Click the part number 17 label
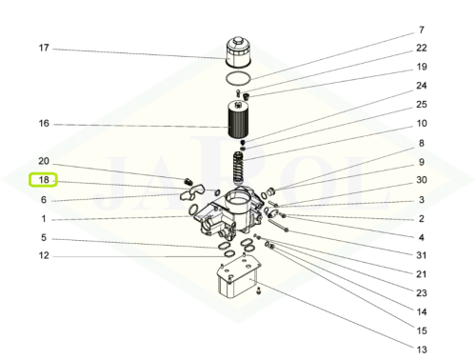pyautogui.click(x=44, y=48)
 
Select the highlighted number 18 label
pyautogui.click(x=43, y=180)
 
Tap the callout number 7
pyautogui.click(x=422, y=30)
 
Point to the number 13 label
pyautogui.click(x=422, y=350)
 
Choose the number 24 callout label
pyautogui.click(x=422, y=86)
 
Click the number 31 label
pyautogui.click(x=422, y=255)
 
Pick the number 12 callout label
pyautogui.click(x=44, y=255)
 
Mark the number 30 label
pyautogui.click(x=422, y=180)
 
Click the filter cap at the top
pyautogui.click(x=238, y=52)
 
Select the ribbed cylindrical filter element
pyautogui.click(x=237, y=119)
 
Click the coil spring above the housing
pyautogui.click(x=238, y=168)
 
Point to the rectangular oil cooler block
pyautogui.click(x=239, y=276)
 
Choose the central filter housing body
pyautogui.click(x=228, y=213)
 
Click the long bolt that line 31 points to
pyautogui.click(x=278, y=225)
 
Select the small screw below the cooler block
pyautogui.click(x=258, y=290)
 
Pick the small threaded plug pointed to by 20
pyautogui.click(x=188, y=182)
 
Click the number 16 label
pyautogui.click(x=44, y=124)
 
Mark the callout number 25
pyautogui.click(x=422, y=105)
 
